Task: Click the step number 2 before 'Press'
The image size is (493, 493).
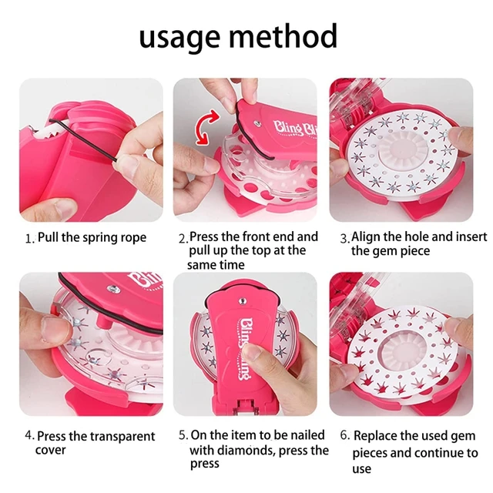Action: tap(183, 238)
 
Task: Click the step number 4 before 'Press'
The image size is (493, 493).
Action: tap(29, 437)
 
